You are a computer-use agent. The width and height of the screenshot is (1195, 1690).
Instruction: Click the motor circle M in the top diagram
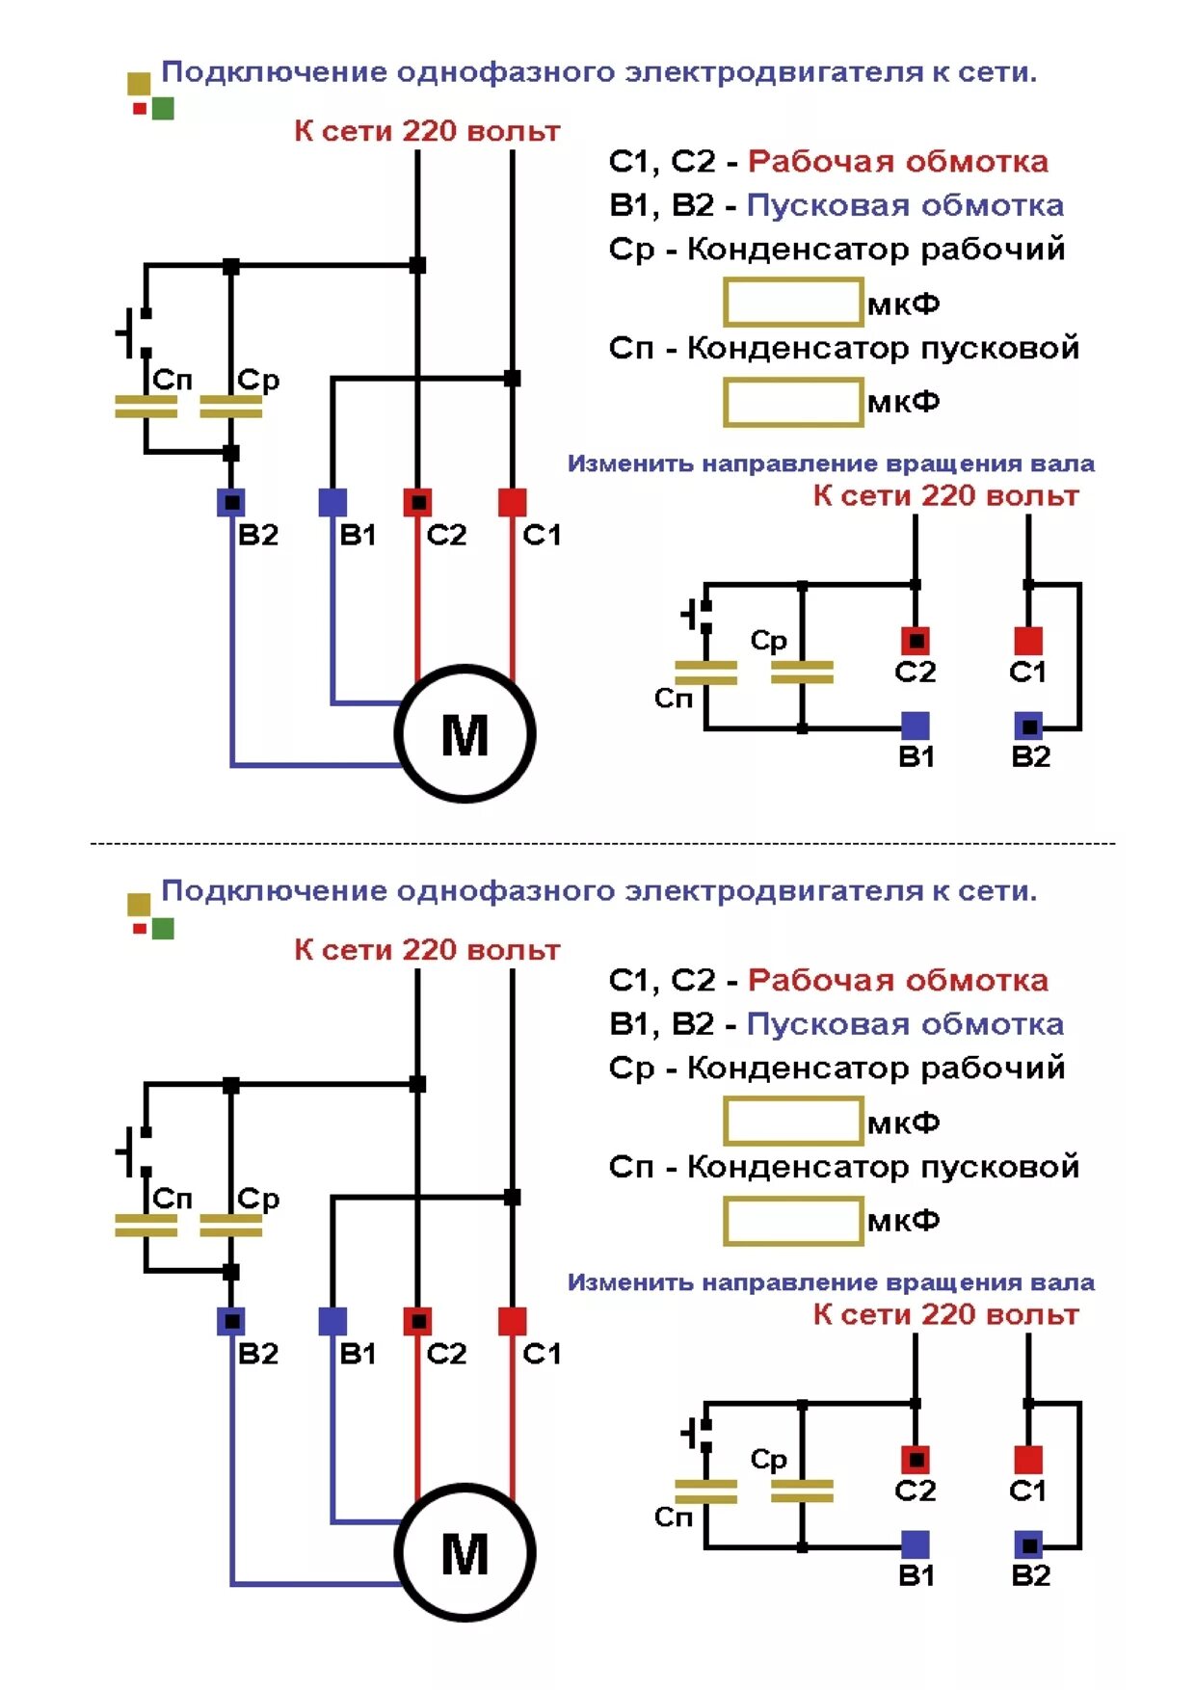[x=465, y=734]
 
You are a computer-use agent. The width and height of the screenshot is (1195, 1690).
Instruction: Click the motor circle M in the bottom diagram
[x=465, y=1553]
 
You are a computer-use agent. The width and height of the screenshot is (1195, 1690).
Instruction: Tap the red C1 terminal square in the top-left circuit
[x=512, y=502]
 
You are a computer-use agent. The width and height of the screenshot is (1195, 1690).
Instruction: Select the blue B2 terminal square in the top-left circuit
[x=231, y=502]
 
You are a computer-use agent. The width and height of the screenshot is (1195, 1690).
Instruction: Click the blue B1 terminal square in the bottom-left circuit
[x=332, y=1321]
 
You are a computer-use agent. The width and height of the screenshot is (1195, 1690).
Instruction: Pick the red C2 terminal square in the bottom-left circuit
[x=417, y=1321]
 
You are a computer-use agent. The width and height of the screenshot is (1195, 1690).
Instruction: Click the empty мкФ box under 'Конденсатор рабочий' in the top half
[x=792, y=304]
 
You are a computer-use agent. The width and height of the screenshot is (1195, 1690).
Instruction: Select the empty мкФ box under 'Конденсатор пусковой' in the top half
[x=792, y=402]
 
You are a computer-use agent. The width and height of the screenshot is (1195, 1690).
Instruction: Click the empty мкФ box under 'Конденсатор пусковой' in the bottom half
[x=792, y=1221]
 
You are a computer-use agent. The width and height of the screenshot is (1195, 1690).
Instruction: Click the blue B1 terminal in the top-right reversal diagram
[x=915, y=726]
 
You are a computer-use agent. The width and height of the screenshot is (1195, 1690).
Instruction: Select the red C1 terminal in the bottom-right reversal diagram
[x=1028, y=1459]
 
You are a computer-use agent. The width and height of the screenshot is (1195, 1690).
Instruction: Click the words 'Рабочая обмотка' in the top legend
[x=897, y=161]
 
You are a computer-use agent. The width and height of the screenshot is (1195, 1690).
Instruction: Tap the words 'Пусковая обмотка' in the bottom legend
[x=904, y=1024]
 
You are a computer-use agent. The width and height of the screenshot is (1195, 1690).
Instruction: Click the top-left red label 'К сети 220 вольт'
[x=427, y=131]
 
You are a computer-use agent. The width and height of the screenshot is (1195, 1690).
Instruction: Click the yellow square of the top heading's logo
[x=139, y=84]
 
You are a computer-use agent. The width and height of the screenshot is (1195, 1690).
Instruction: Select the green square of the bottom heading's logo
[x=163, y=928]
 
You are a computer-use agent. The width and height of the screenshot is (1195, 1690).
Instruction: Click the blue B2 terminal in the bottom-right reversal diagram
[x=1028, y=1545]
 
